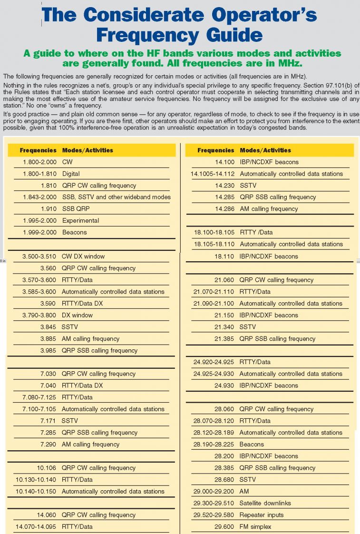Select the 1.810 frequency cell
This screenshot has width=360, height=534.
tap(46, 186)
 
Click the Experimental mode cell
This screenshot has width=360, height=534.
tap(80, 221)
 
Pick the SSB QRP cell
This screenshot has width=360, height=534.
tap(76, 209)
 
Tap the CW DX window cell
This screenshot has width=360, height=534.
tap(83, 257)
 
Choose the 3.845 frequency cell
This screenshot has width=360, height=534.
tap(46, 327)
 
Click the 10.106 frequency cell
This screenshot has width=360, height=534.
tap(46, 468)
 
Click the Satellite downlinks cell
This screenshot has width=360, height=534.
tap(265, 503)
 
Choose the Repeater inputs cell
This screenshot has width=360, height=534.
tap(261, 515)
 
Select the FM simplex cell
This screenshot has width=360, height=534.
tap(255, 527)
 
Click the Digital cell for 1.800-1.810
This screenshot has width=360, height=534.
tap(71, 174)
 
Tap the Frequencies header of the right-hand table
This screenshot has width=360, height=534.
tap(216, 150)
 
